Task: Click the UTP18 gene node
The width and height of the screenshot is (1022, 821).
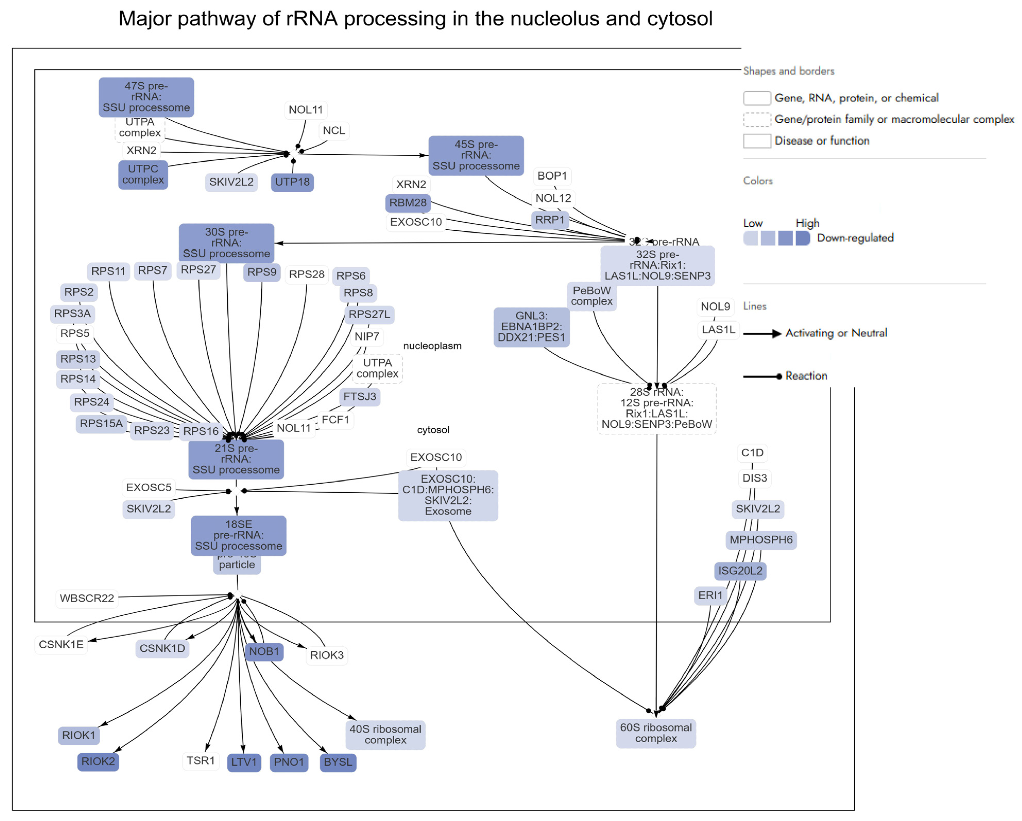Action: (292, 182)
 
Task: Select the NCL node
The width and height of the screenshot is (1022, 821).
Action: (334, 131)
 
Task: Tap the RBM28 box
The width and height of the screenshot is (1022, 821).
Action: (408, 203)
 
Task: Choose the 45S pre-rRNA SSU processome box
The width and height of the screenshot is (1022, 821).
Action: (476, 155)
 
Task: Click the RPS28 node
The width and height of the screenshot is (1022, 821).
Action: (307, 274)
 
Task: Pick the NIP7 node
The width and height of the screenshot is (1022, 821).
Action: (367, 336)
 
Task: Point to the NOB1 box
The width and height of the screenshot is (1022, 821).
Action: (264, 651)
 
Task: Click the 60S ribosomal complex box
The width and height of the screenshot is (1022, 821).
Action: (655, 733)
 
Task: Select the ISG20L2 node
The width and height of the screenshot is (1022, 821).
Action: (740, 570)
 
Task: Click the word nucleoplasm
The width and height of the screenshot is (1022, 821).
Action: (432, 346)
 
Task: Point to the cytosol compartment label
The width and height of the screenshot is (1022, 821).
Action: (433, 430)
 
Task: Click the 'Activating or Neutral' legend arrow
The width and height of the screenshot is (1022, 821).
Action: (762, 334)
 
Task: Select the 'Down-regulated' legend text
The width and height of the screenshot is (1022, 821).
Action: (855, 238)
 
